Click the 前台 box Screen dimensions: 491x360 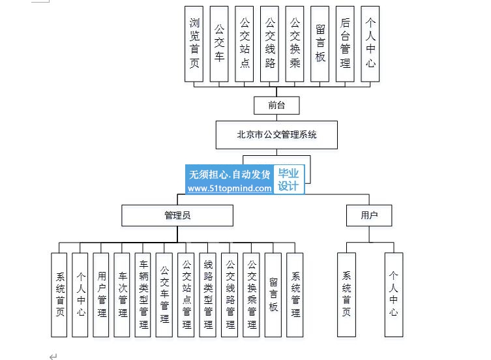point(276,106)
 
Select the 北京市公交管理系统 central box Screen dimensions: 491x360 point(276,135)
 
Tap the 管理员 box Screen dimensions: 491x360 point(177,216)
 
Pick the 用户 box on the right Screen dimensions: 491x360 point(369,216)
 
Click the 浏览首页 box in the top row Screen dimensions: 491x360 point(194,44)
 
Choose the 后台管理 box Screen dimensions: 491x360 point(345,44)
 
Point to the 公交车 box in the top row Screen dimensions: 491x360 point(219,44)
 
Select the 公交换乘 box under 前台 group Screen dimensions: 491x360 point(295,44)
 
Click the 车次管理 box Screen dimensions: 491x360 point(122,295)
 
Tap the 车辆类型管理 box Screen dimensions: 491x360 point(143,295)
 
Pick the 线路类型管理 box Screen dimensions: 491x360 point(207,295)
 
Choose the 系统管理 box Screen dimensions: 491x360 point(295,295)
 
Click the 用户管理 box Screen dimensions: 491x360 point(101,295)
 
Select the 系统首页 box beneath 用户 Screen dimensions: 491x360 point(346,295)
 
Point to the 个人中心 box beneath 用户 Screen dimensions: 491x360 point(394,295)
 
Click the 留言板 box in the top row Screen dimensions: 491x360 point(320,44)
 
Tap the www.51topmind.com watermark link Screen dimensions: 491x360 point(230,188)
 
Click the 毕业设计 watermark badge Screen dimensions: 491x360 point(289,179)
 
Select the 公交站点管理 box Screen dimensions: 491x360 point(186,295)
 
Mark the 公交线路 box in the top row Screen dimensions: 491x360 point(269,44)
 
